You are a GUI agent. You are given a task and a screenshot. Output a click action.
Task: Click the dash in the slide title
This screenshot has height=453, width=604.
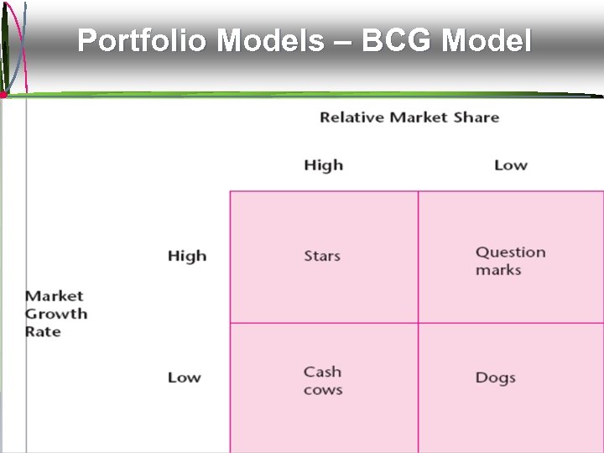tap(344, 40)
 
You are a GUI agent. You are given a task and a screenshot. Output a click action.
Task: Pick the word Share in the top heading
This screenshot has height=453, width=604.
tap(476, 117)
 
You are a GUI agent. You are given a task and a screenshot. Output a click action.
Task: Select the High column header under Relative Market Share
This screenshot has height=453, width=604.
tap(323, 165)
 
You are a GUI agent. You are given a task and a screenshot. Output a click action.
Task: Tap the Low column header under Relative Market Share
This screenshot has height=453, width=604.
tap(510, 165)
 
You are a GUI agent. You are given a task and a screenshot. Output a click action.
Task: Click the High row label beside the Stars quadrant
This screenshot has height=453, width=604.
tap(186, 256)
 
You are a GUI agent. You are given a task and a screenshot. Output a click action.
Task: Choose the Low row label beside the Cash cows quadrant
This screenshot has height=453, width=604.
tap(184, 377)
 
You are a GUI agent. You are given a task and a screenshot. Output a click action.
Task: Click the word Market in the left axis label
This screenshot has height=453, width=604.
tap(55, 296)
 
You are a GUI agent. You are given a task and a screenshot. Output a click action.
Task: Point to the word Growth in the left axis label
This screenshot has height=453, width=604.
tap(56, 314)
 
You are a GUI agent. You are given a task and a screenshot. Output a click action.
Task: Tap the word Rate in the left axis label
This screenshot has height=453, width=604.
tap(43, 331)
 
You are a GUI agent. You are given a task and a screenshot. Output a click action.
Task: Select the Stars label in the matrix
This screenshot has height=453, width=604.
tap(322, 256)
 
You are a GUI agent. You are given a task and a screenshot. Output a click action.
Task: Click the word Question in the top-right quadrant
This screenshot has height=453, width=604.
tap(510, 253)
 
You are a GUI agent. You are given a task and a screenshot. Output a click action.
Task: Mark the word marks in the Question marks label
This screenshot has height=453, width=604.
tap(498, 270)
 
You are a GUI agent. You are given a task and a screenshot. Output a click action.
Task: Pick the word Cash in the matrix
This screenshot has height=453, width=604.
tap(322, 372)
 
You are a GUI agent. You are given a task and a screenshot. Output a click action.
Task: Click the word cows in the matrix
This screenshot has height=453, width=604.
tap(323, 390)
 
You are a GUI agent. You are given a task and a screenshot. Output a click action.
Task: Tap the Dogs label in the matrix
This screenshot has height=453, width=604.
tap(495, 377)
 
